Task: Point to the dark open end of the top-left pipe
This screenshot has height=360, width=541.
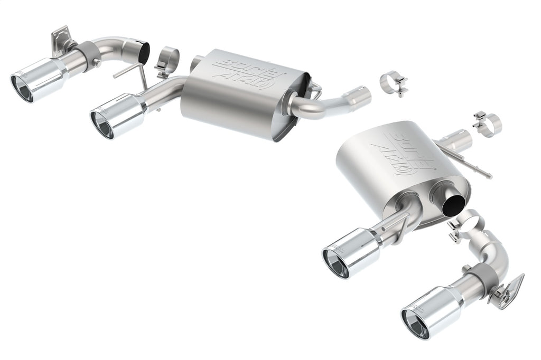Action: click(143, 53)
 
